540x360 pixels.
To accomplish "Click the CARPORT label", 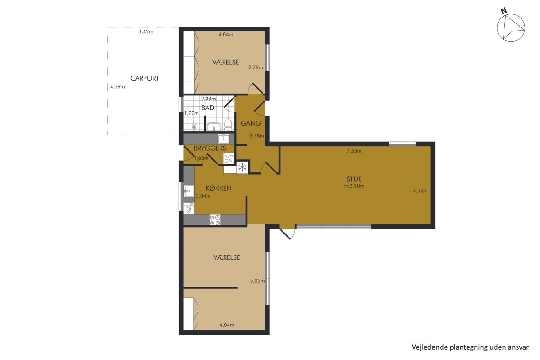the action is click(x=144, y=78).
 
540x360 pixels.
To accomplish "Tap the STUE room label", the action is click(x=354, y=179).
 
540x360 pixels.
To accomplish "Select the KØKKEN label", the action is click(x=218, y=188).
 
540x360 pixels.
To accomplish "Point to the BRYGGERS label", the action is click(x=210, y=148).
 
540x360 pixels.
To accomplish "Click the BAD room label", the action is click(x=207, y=108).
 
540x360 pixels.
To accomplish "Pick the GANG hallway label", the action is click(x=251, y=123).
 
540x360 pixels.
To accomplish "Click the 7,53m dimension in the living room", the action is click(x=354, y=151).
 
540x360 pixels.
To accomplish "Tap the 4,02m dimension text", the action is click(x=420, y=190).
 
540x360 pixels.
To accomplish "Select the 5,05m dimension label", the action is click(x=257, y=281).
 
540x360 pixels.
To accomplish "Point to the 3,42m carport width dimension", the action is click(x=146, y=31).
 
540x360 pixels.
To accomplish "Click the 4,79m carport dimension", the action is click(x=117, y=86).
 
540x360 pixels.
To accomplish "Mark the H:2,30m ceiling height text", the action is click(x=354, y=186).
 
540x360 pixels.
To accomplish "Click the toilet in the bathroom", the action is click(x=228, y=124).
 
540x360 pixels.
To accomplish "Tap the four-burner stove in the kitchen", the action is click(x=215, y=220).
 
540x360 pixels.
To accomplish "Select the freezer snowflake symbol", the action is click(x=242, y=167).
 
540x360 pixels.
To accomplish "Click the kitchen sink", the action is click(x=189, y=191).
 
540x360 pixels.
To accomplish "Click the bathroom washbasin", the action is click(x=214, y=127).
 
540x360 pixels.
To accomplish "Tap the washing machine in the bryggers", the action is click(x=228, y=159).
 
